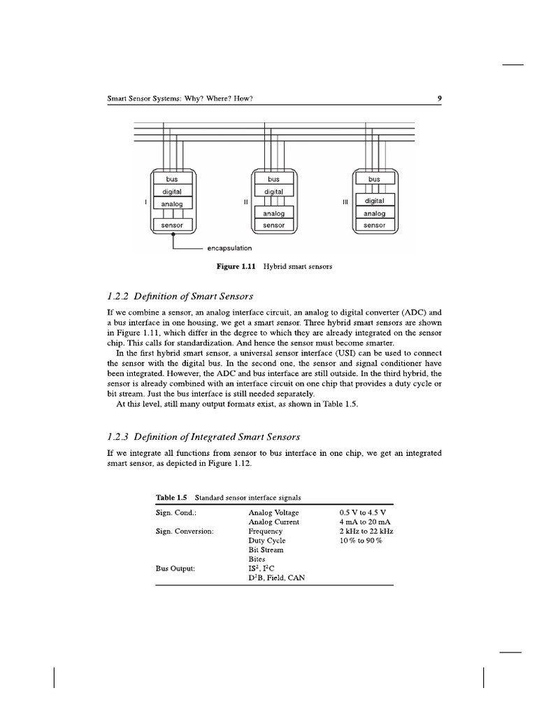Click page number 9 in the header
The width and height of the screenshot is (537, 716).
point(439,99)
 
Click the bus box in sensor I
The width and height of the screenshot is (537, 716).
point(172,179)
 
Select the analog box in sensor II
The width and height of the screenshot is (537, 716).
point(273,213)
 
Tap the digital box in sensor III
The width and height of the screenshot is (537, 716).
point(375,201)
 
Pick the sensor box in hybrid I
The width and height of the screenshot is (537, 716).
point(172,225)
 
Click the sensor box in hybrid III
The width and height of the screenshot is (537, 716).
point(375,225)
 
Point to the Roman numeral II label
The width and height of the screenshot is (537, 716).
point(245,202)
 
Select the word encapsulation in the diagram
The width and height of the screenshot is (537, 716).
point(229,248)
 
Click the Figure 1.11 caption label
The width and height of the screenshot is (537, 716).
point(234,267)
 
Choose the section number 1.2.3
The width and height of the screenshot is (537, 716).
point(119,437)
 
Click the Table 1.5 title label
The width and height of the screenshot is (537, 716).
point(172,497)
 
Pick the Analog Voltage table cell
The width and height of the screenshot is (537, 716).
point(273,513)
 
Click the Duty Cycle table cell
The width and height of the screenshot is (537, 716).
point(267,540)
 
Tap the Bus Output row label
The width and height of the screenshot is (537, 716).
point(176,568)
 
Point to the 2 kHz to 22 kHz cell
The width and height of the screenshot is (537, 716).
point(366,531)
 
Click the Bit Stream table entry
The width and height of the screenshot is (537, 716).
point(266,550)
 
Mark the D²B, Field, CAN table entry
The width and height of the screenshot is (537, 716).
point(277,578)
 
